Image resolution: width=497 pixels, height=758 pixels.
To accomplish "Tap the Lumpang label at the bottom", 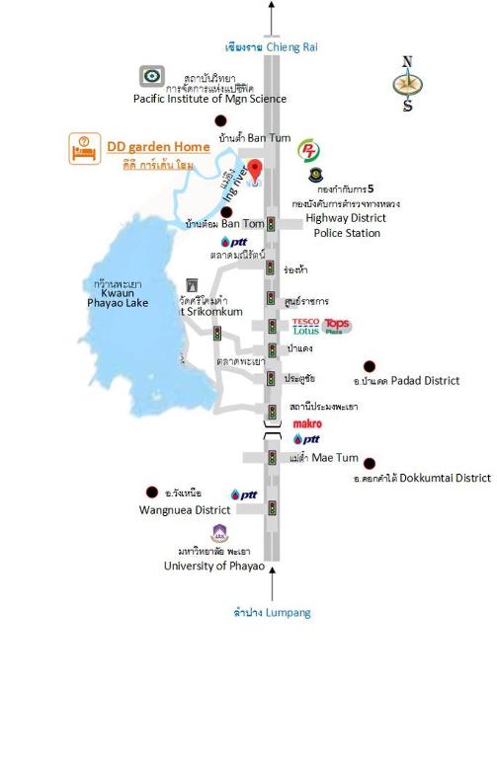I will click(x=272, y=612).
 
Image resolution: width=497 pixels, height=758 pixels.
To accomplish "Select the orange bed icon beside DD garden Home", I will click(x=83, y=148).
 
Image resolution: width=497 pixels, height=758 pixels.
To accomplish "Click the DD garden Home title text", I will click(x=158, y=146).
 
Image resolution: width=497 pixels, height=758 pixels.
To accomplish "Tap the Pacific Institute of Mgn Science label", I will click(x=210, y=99).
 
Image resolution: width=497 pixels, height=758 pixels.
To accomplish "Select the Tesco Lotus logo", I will click(x=306, y=326).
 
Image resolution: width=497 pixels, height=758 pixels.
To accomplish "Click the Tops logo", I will click(x=337, y=326).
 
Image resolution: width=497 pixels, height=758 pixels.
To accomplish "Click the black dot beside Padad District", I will click(x=370, y=366).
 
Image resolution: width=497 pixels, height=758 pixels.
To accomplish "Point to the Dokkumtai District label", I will click(x=422, y=478).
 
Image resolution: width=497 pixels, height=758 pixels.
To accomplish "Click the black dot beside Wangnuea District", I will click(x=152, y=491).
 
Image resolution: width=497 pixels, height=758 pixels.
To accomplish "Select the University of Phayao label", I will click(x=214, y=567).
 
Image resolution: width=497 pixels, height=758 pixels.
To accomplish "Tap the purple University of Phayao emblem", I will click(x=219, y=534).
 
